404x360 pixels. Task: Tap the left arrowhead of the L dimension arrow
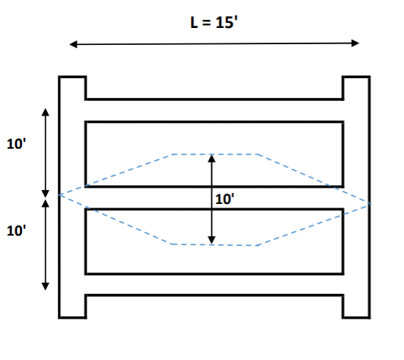tap(72, 44)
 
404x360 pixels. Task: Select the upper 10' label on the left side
tap(16, 144)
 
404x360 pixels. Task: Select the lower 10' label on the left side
tap(16, 230)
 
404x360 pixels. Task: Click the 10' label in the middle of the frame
tap(225, 198)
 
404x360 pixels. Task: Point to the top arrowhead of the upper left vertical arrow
tap(46, 112)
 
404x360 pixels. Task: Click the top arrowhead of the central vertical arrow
tap(212, 158)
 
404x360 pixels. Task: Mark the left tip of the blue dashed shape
tap(60, 195)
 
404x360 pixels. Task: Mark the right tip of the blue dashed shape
tap(370, 202)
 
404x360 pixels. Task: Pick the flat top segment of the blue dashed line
tap(215, 154)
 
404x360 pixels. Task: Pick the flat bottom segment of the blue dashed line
tap(215, 244)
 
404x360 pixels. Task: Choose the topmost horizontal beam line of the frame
tap(214, 99)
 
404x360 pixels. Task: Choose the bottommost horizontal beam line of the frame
tap(214, 295)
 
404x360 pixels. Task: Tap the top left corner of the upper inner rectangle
tap(86, 121)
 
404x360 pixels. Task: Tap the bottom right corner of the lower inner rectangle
tap(343, 273)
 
